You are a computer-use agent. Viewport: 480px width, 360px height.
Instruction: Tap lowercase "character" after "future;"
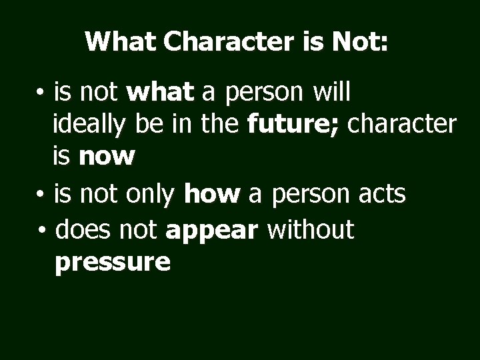click(x=403, y=125)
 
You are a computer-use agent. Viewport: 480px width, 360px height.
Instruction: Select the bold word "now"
click(x=107, y=156)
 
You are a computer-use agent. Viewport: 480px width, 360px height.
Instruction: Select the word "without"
click(x=311, y=231)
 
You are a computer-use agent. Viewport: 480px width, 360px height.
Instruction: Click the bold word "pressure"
click(x=113, y=263)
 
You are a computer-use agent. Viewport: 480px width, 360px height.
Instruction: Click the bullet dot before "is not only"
click(x=41, y=195)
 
